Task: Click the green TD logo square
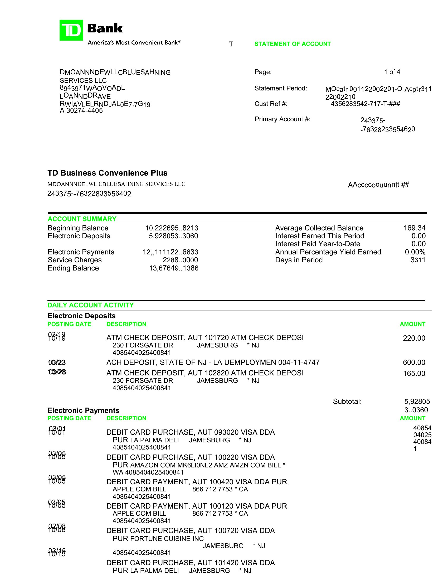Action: [71, 30]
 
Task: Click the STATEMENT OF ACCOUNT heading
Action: [293, 44]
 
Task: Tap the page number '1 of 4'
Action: [392, 72]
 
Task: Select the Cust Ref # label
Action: [271, 104]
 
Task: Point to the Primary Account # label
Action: [283, 119]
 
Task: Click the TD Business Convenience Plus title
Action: [108, 173]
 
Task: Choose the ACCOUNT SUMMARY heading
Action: [82, 219]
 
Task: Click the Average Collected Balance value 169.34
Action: [414, 228]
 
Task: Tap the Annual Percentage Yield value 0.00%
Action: [415, 252]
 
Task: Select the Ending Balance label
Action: [73, 268]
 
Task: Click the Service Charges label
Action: [75, 260]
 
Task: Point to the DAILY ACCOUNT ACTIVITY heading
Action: [90, 305]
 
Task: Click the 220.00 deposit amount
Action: [414, 338]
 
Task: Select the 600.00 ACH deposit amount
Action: [414, 362]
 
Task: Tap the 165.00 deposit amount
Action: [414, 373]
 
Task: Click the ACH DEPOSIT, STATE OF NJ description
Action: [213, 362]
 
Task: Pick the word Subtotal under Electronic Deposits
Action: [347, 401]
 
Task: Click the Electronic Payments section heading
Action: [83, 410]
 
